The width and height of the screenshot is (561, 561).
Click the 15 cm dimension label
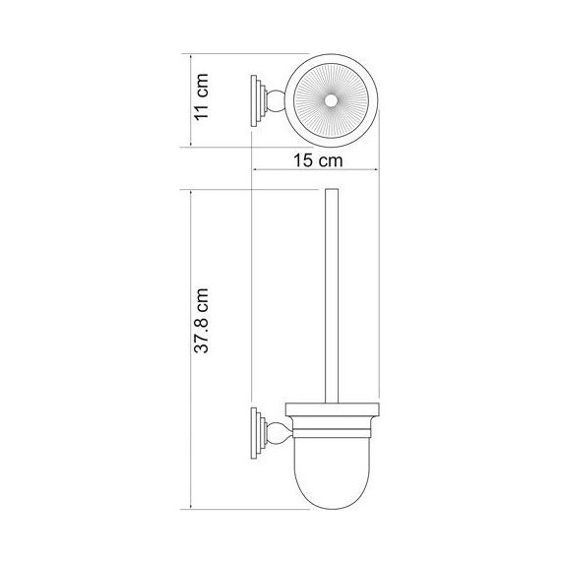[x=317, y=158]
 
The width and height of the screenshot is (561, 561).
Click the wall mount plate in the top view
[x=258, y=98]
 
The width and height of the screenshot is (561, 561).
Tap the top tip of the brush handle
[x=330, y=190]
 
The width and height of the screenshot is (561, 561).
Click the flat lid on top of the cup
[x=331, y=406]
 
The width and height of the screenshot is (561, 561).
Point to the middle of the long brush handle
[x=330, y=295]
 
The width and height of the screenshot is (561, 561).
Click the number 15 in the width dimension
[x=304, y=158]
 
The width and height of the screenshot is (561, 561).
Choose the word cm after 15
[x=330, y=158]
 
